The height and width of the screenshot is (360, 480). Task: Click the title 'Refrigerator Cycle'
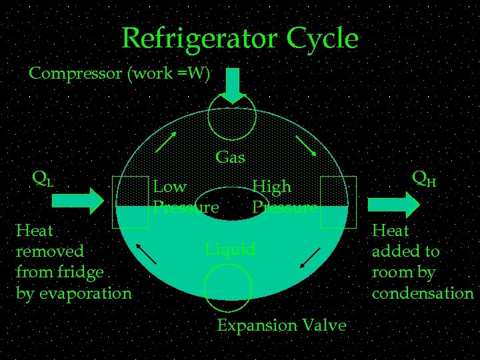(240, 39)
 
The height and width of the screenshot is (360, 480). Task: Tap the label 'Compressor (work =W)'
(119, 73)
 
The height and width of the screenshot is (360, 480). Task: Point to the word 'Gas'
(231, 158)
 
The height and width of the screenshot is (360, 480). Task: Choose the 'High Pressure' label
(283, 197)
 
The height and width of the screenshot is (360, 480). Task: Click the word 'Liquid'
(230, 249)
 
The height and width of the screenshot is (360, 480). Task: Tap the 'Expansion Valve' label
(281, 325)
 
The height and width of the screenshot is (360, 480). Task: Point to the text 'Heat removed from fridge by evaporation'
(73, 262)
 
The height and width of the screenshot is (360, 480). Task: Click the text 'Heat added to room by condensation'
(422, 262)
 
